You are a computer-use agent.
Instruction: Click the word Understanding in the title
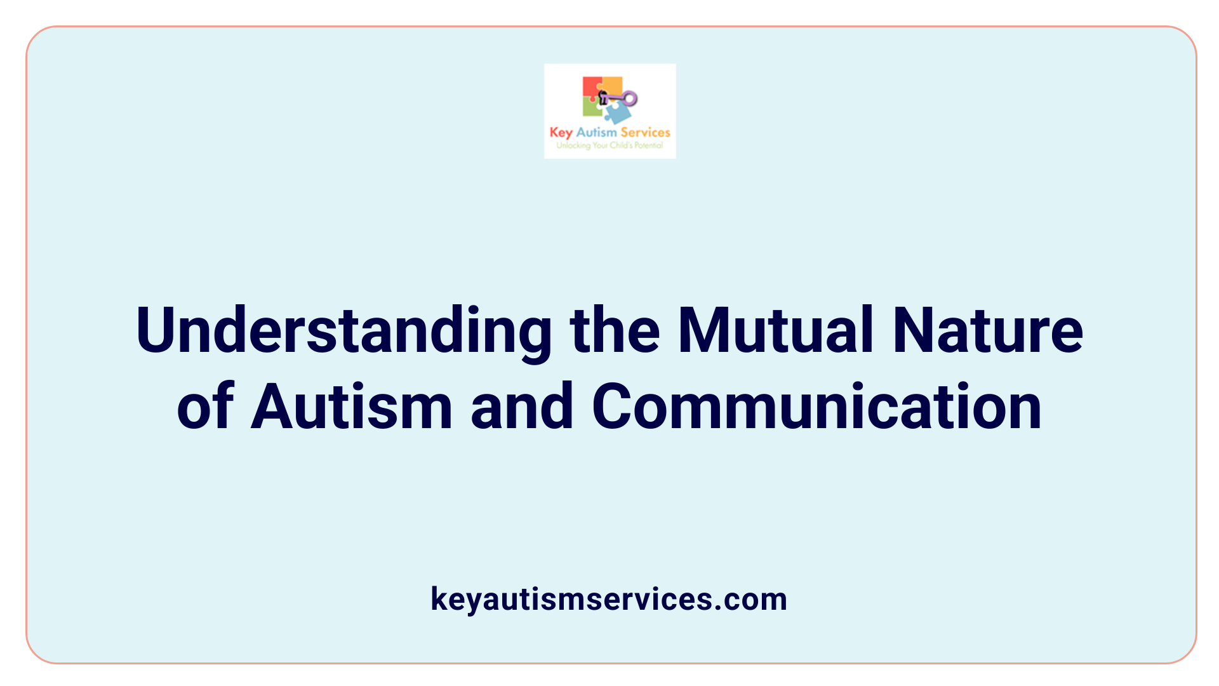click(343, 331)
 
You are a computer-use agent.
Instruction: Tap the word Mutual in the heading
click(776, 331)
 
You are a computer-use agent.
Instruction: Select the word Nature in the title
click(987, 331)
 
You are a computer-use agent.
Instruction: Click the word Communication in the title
click(816, 407)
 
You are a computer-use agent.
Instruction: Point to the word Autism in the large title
click(351, 407)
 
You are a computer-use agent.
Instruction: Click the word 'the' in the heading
click(615, 331)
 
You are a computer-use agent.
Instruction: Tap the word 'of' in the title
click(205, 407)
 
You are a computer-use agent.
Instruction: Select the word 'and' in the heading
click(522, 407)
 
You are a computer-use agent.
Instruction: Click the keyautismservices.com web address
click(609, 599)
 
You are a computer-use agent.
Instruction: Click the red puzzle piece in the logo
click(591, 87)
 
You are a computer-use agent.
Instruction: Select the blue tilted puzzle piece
click(618, 113)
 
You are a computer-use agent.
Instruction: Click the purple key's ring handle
click(630, 98)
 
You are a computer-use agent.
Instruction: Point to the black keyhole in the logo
click(603, 98)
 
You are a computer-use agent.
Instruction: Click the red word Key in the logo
click(561, 133)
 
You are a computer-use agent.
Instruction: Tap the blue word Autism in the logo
click(596, 132)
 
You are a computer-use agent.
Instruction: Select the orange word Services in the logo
click(645, 132)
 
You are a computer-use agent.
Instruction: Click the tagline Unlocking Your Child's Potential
click(609, 145)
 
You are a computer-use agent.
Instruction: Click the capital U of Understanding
click(156, 331)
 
